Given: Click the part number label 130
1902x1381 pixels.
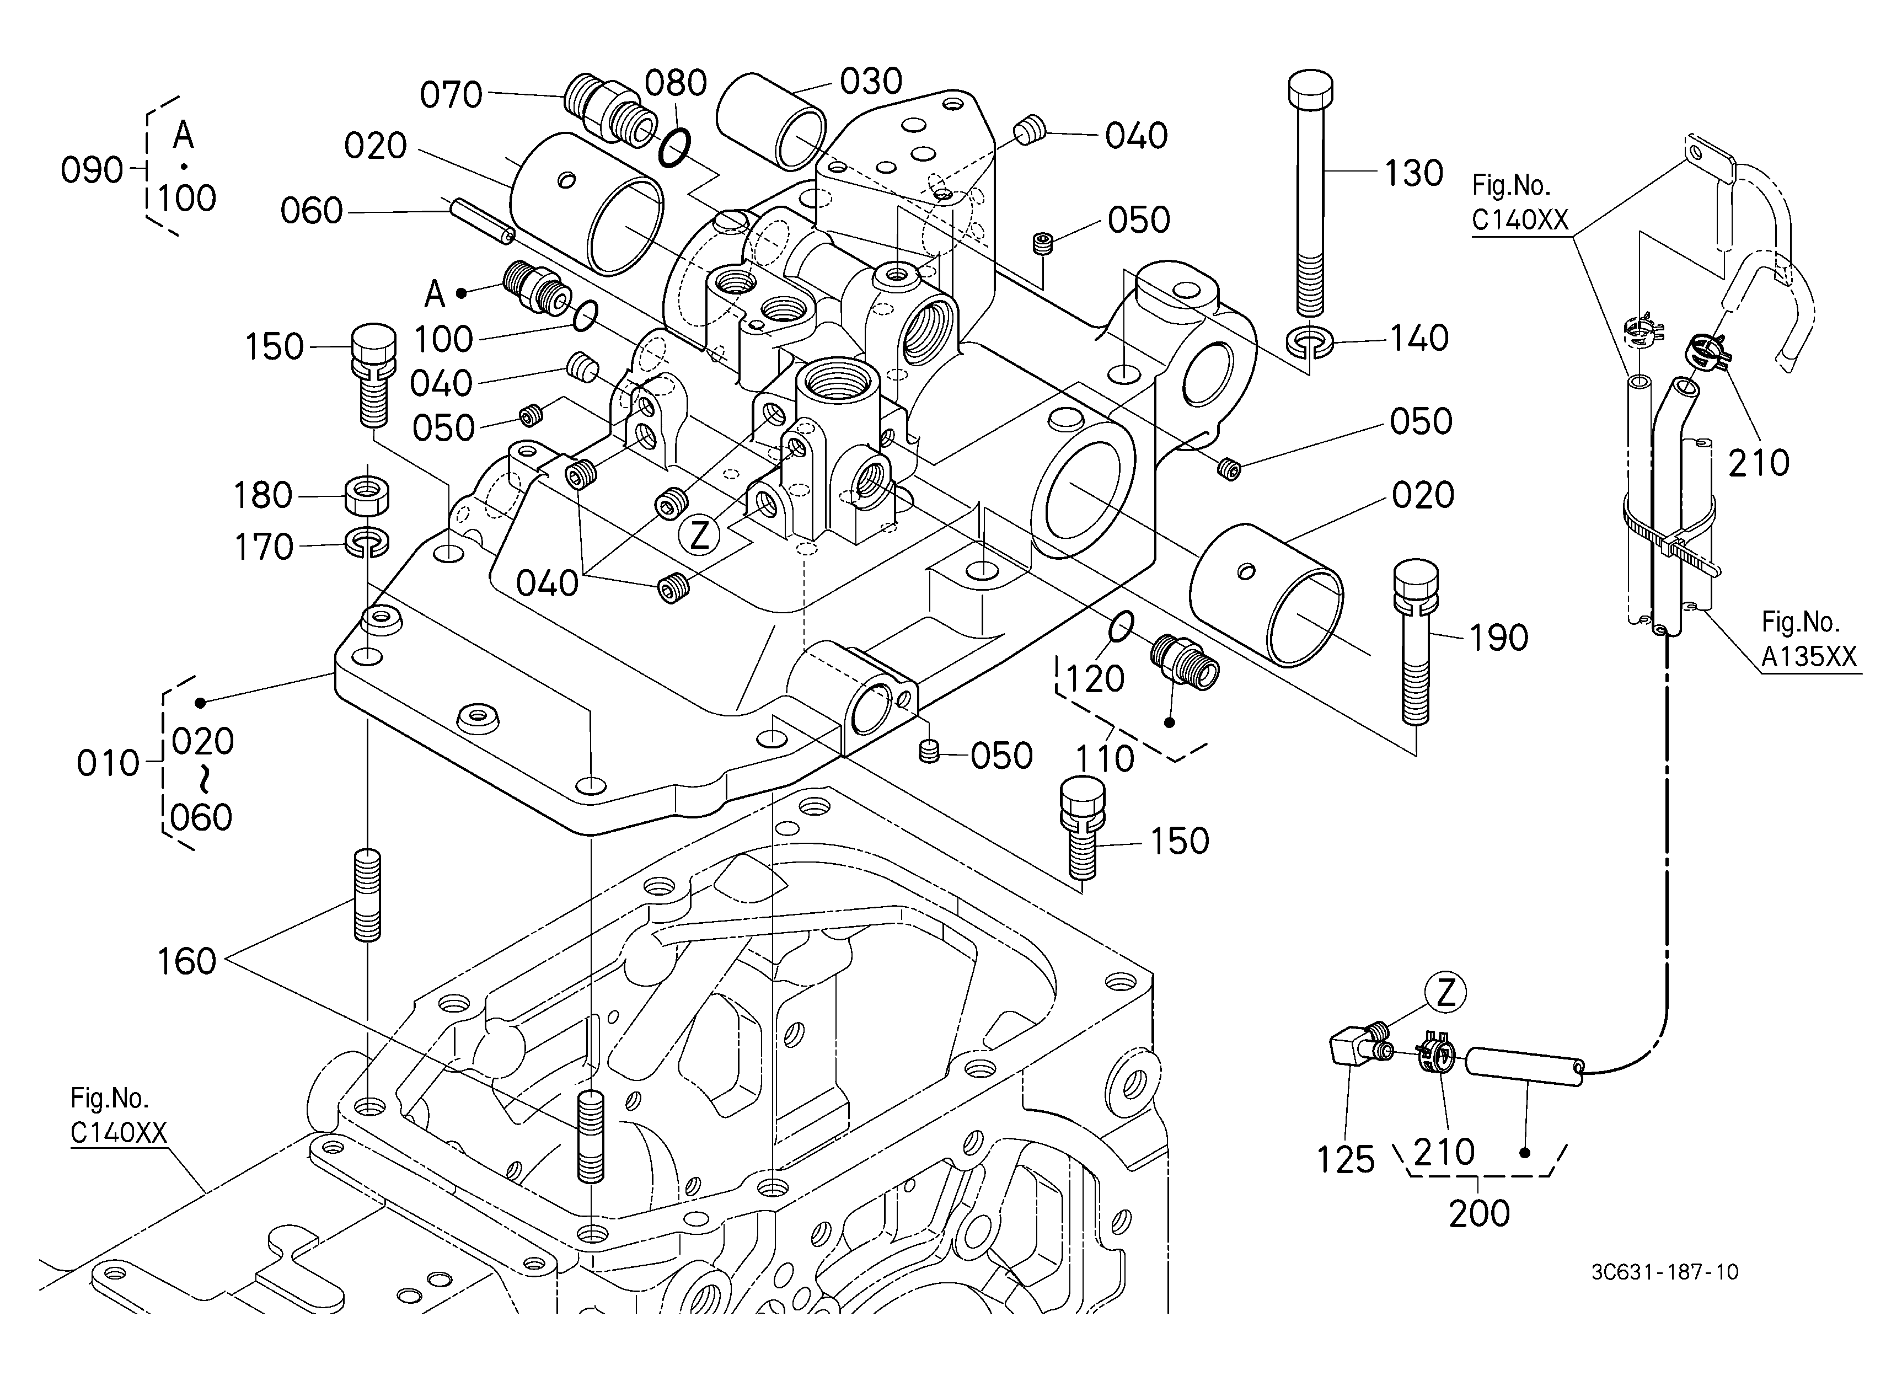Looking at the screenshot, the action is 1413,174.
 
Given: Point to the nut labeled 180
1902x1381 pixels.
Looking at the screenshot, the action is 367,496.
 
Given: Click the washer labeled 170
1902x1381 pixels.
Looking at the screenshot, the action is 367,543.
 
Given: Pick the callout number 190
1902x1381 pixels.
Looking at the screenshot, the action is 1499,639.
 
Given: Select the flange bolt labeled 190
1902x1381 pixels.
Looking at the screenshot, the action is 1416,641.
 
